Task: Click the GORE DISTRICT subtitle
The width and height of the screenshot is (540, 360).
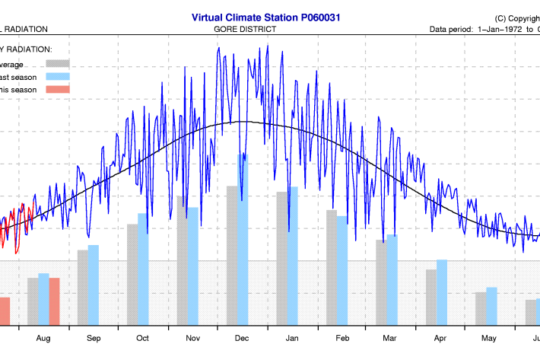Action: [246, 29]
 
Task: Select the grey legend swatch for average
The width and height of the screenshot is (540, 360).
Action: [58, 64]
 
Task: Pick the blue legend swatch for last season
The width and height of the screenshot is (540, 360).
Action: [58, 77]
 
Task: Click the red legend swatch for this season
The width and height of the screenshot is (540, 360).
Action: [58, 90]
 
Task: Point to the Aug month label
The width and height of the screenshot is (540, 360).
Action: [43, 338]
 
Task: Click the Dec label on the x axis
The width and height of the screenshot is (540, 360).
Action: [242, 338]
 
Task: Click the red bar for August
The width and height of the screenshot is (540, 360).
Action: [54, 301]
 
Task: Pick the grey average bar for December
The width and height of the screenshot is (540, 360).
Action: [232, 256]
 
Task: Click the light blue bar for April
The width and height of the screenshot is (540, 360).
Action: [441, 292]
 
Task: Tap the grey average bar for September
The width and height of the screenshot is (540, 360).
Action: [82, 288]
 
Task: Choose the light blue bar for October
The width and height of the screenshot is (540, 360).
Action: [143, 269]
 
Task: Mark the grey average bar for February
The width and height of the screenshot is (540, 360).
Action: [331, 268]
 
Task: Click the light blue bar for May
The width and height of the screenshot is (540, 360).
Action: [491, 307]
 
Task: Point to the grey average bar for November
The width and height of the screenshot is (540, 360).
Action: [183, 261]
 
